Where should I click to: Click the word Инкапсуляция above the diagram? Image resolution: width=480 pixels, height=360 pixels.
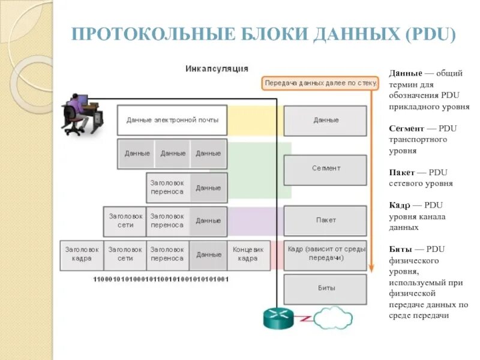(216, 68)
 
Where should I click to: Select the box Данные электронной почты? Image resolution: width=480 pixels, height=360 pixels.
(172, 120)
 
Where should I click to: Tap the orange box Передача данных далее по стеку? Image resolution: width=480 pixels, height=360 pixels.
(320, 83)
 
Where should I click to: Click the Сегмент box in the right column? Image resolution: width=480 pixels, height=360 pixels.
(325, 169)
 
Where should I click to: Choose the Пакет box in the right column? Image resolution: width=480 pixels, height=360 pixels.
(325, 220)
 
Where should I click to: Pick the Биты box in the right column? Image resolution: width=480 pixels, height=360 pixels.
(325, 288)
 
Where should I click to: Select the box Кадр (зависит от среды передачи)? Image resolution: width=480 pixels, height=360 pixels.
(324, 253)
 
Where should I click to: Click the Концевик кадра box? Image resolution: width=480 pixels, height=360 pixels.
(247, 254)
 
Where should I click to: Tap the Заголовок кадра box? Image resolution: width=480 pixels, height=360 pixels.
(82, 254)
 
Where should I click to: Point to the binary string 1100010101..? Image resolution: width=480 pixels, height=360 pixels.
(161, 280)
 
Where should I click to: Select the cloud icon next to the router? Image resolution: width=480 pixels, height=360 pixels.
(334, 316)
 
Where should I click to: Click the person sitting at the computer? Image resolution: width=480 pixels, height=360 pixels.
(74, 111)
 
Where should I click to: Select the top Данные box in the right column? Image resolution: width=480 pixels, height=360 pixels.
(325, 120)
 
